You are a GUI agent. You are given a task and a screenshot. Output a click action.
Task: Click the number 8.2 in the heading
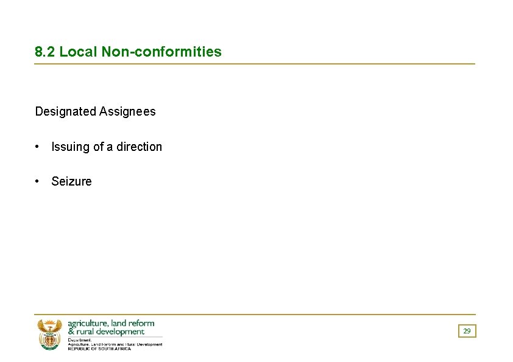[x=45, y=52]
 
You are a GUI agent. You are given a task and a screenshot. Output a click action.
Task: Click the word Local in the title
[x=78, y=52]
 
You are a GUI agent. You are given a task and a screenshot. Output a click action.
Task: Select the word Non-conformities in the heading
[x=161, y=52]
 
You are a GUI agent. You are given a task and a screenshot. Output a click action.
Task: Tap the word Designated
[x=66, y=111]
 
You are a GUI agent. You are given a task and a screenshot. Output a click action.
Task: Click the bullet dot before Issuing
[x=38, y=147]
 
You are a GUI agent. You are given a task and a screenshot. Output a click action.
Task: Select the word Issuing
[x=71, y=147]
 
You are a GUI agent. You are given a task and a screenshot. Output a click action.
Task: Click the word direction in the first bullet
[x=140, y=147]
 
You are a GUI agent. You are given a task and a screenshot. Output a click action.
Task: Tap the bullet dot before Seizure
[x=38, y=181]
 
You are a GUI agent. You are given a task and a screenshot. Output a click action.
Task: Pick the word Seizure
[x=71, y=181]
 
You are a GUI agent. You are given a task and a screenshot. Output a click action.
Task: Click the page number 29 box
[x=467, y=331]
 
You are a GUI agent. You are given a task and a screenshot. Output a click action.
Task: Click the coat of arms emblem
[x=49, y=335]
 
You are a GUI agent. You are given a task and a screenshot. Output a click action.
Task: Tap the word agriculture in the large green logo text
[x=88, y=324]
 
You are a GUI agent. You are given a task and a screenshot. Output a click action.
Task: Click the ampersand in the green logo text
[x=71, y=332]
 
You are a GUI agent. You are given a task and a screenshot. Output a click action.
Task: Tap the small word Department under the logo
[x=79, y=340]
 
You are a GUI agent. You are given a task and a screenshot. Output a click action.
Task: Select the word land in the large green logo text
[x=118, y=323]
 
